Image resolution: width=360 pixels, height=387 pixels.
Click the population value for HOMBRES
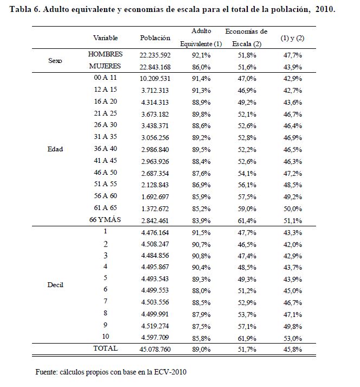coord(155,55)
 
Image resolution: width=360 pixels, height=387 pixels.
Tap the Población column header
coord(155,38)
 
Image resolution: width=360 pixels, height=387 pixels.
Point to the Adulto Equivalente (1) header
coord(202,38)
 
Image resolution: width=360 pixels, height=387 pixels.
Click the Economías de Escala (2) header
coord(246,38)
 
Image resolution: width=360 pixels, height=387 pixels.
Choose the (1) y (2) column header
coord(292,38)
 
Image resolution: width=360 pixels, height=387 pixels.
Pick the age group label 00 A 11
coord(106,78)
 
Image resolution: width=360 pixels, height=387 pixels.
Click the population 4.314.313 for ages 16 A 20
coord(155,101)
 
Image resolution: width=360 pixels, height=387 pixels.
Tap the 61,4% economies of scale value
coord(246,219)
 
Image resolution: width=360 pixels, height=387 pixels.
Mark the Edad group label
coord(55,149)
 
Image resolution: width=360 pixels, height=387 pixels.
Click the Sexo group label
coord(55,61)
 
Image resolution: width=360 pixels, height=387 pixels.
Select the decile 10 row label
coord(106,337)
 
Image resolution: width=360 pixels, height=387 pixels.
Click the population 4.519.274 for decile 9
coord(155,325)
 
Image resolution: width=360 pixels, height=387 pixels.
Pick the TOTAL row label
coord(106,348)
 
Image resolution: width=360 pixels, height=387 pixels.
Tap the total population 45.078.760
coord(155,348)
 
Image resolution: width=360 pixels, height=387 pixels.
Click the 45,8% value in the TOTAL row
coord(292,348)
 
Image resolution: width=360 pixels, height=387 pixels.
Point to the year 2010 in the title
coord(324,10)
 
